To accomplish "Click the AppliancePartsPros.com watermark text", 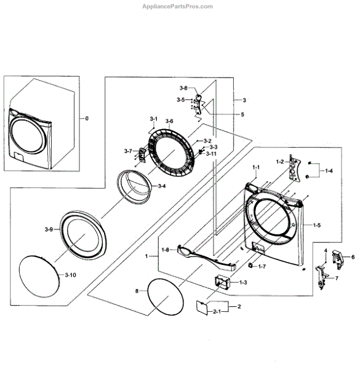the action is (177, 6).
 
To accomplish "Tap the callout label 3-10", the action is (70, 275).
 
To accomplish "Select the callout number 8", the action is (137, 291).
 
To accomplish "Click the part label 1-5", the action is (317, 225).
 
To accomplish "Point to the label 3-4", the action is (162, 186).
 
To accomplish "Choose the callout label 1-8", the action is (166, 250).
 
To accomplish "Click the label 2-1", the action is (217, 312).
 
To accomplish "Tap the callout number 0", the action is (87, 118).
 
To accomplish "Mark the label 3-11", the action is (211, 154).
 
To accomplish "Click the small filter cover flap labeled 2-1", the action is (202, 307).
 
